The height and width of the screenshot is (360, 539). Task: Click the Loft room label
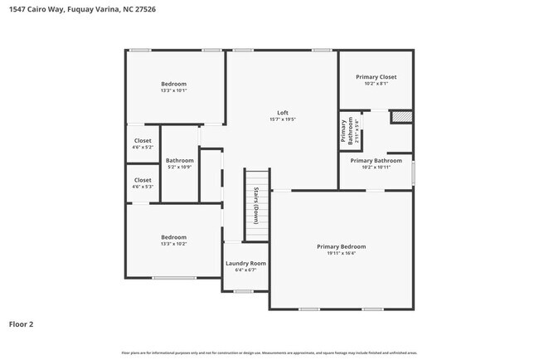282,112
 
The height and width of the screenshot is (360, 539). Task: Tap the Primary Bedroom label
341,246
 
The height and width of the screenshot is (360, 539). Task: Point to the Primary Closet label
376,76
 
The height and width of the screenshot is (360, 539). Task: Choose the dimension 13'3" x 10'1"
173,90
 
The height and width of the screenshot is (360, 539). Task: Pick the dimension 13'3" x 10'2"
173,244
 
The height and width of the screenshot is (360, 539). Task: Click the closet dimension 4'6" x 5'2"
143,147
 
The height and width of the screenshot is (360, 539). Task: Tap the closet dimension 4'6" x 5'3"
143,186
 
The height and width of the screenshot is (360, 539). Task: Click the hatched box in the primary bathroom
401,117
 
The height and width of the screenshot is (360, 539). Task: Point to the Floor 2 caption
21,324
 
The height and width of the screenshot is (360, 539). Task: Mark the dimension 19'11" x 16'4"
341,253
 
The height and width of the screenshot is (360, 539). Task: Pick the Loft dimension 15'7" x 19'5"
282,119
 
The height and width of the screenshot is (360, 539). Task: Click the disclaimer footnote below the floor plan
269,353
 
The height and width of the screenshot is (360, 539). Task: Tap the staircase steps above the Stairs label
256,179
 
